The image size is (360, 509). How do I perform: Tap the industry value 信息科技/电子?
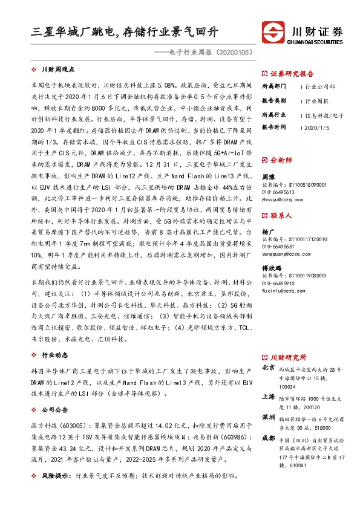point(324,114)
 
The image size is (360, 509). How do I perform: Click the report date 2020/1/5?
point(317,128)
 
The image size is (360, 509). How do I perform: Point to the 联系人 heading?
point(281,215)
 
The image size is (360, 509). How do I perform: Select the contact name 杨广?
point(268,232)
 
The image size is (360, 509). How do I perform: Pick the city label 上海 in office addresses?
point(269,397)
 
